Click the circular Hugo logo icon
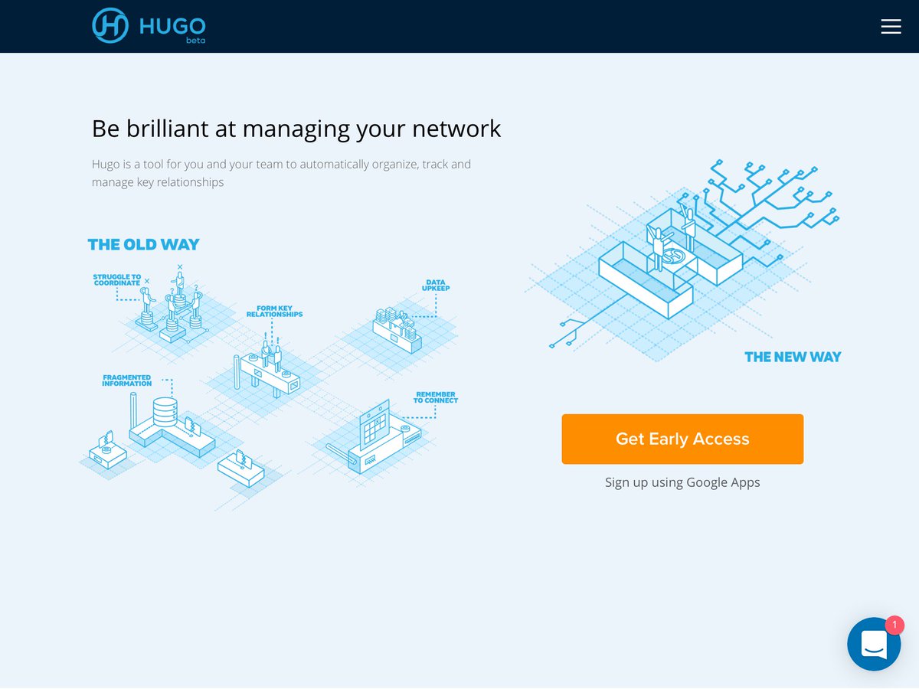point(111,24)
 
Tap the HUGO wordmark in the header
point(172,25)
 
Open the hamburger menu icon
point(891,27)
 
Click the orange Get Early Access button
point(682,439)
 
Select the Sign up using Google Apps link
point(682,482)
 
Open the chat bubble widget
point(873,645)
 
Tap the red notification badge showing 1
point(894,625)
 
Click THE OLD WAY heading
point(143,245)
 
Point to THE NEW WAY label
point(793,357)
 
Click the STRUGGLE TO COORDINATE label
point(117,280)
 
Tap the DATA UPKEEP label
point(435,286)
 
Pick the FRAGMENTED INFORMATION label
point(127,380)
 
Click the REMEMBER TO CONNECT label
point(436,397)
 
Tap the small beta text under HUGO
point(195,41)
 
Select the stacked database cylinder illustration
point(165,412)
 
